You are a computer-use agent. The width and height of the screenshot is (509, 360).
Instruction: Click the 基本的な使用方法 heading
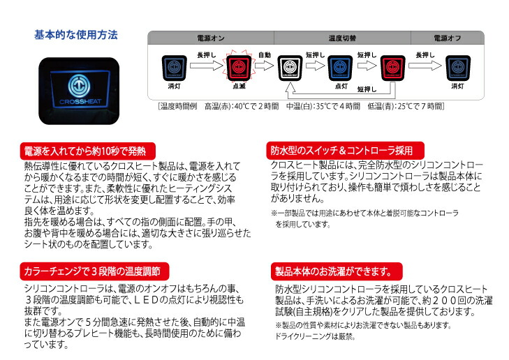pyautogui.click(x=76, y=35)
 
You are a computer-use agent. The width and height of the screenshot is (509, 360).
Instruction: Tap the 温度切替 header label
pyautogui.click(x=341, y=37)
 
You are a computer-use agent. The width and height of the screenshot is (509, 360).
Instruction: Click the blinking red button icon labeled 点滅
pyautogui.click(x=239, y=68)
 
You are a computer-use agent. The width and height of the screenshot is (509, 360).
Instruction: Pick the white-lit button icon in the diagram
pyautogui.click(x=290, y=68)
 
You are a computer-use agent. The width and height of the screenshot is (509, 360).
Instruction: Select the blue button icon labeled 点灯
pyautogui.click(x=341, y=68)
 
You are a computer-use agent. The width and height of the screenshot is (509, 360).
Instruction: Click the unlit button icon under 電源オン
pyautogui.click(x=175, y=68)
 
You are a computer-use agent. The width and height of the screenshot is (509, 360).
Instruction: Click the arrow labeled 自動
pyautogui.click(x=265, y=63)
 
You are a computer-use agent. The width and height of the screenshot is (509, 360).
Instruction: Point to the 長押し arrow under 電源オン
pyautogui.click(x=207, y=65)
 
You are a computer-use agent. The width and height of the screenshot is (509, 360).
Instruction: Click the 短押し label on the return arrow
pyautogui.click(x=368, y=89)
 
